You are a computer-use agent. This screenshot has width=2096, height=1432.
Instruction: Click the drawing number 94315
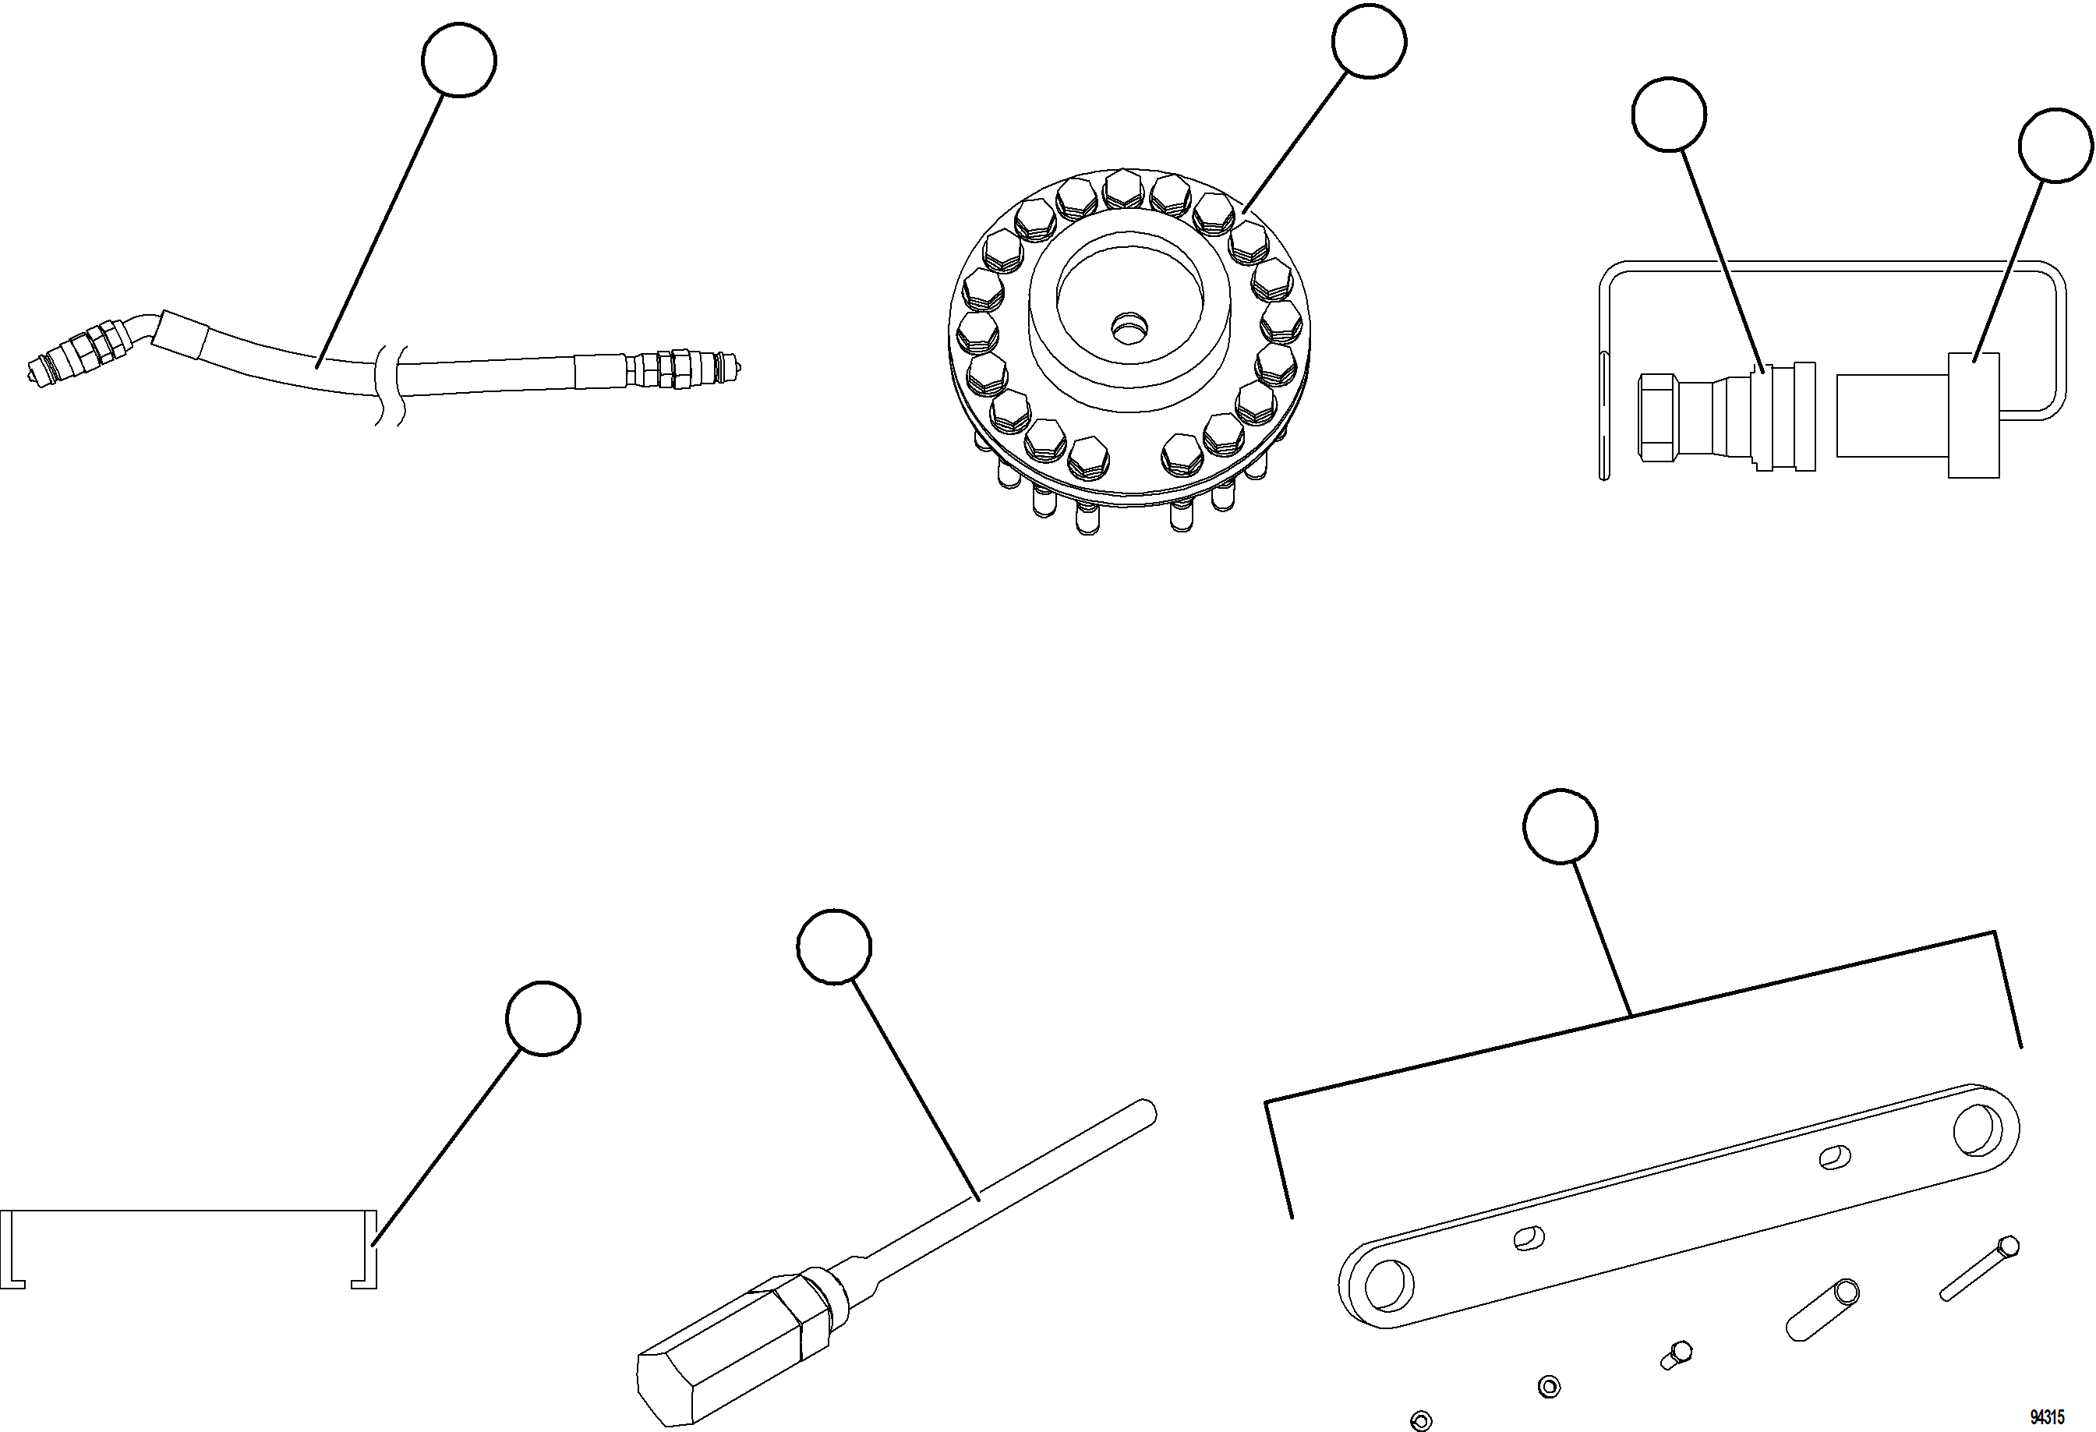2048,1416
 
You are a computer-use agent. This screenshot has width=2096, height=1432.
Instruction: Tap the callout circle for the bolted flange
1368,41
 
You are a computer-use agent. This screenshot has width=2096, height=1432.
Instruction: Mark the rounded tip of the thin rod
1147,1109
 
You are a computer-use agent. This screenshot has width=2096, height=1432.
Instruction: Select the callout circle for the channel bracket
543,1018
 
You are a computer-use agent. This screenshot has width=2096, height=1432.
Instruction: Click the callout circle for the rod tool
834,946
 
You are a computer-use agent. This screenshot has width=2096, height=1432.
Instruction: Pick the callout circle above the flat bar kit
1561,826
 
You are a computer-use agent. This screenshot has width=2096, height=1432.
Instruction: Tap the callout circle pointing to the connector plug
1669,114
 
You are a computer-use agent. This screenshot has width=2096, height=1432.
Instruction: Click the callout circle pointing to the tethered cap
2055,145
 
